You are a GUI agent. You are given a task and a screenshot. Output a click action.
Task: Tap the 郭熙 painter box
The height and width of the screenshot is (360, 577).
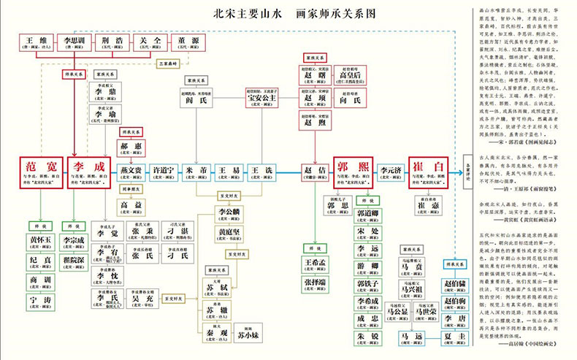[x=354, y=172]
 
